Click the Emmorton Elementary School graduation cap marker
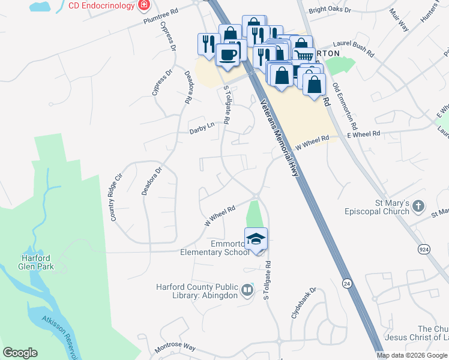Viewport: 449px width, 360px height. click(x=256, y=238)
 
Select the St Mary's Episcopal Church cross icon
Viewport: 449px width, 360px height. click(x=419, y=208)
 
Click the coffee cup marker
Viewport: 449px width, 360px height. click(x=228, y=55)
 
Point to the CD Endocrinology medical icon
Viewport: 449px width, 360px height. click(x=143, y=6)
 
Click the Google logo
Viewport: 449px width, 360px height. click(x=20, y=353)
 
